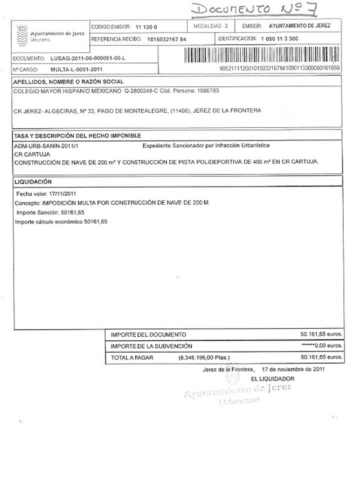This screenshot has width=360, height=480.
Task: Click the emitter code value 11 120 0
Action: coord(146,27)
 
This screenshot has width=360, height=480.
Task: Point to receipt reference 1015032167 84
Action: coord(167,40)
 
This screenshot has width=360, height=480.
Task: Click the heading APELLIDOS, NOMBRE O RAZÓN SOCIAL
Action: coord(68,81)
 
